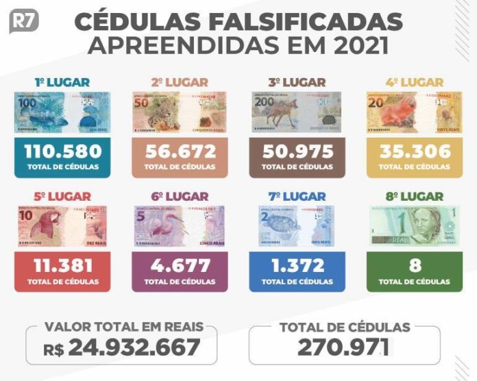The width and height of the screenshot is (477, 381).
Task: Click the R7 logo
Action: [23, 23]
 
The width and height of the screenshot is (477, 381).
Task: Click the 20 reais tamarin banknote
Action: [413, 112]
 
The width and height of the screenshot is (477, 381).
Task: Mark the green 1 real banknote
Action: [413, 226]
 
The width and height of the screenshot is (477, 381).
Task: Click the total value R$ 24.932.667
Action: [122, 348]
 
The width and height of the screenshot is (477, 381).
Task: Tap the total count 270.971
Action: [344, 347]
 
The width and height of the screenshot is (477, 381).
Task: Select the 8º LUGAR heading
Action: [413, 197]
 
